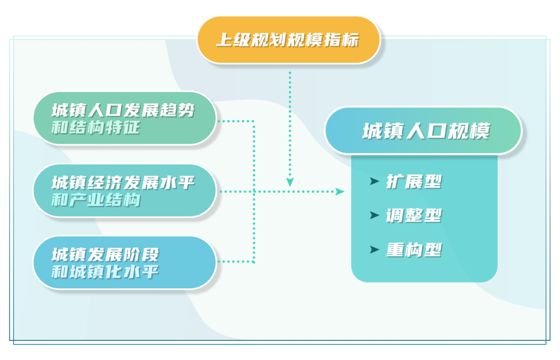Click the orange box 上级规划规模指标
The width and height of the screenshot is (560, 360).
coord(288,39)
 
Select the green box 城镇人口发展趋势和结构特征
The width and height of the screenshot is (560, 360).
coord(124,118)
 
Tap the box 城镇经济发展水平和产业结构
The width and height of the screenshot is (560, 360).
coord(124,190)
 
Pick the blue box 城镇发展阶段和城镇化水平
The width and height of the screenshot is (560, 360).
coord(124,262)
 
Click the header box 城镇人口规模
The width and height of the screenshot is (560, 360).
coord(423,131)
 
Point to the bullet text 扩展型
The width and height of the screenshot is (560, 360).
coord(414,182)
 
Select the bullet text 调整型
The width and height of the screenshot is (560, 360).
coord(414,216)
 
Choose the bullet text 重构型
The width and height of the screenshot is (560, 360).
coord(414,250)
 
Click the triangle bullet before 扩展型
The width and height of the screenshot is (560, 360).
coord(374,181)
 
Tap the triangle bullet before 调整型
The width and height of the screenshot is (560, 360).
coord(374,215)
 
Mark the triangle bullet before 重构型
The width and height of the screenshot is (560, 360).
coord(374,250)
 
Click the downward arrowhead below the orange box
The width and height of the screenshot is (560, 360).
coord(290,182)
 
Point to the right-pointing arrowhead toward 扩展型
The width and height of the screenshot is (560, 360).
coord(340,191)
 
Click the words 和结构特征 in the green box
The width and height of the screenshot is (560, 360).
coord(96,128)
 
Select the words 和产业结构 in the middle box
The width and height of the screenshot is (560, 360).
coord(96,200)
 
